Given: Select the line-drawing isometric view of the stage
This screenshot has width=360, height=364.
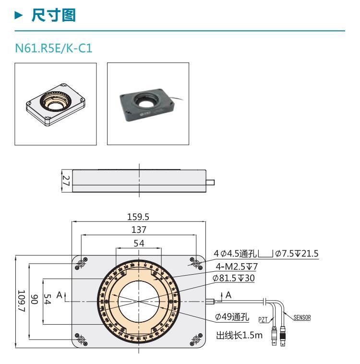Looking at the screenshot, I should [56, 103].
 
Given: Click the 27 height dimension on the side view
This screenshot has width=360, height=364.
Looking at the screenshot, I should [66, 181].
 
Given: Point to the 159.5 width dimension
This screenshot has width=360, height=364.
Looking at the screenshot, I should [139, 216].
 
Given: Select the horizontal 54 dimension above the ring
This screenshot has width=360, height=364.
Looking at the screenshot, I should [139, 243].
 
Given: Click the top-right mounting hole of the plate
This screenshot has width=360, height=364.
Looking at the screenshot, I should [195, 263].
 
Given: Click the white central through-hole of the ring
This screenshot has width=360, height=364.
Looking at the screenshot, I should [139, 301].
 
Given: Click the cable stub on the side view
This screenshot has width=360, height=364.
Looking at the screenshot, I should [210, 182].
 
